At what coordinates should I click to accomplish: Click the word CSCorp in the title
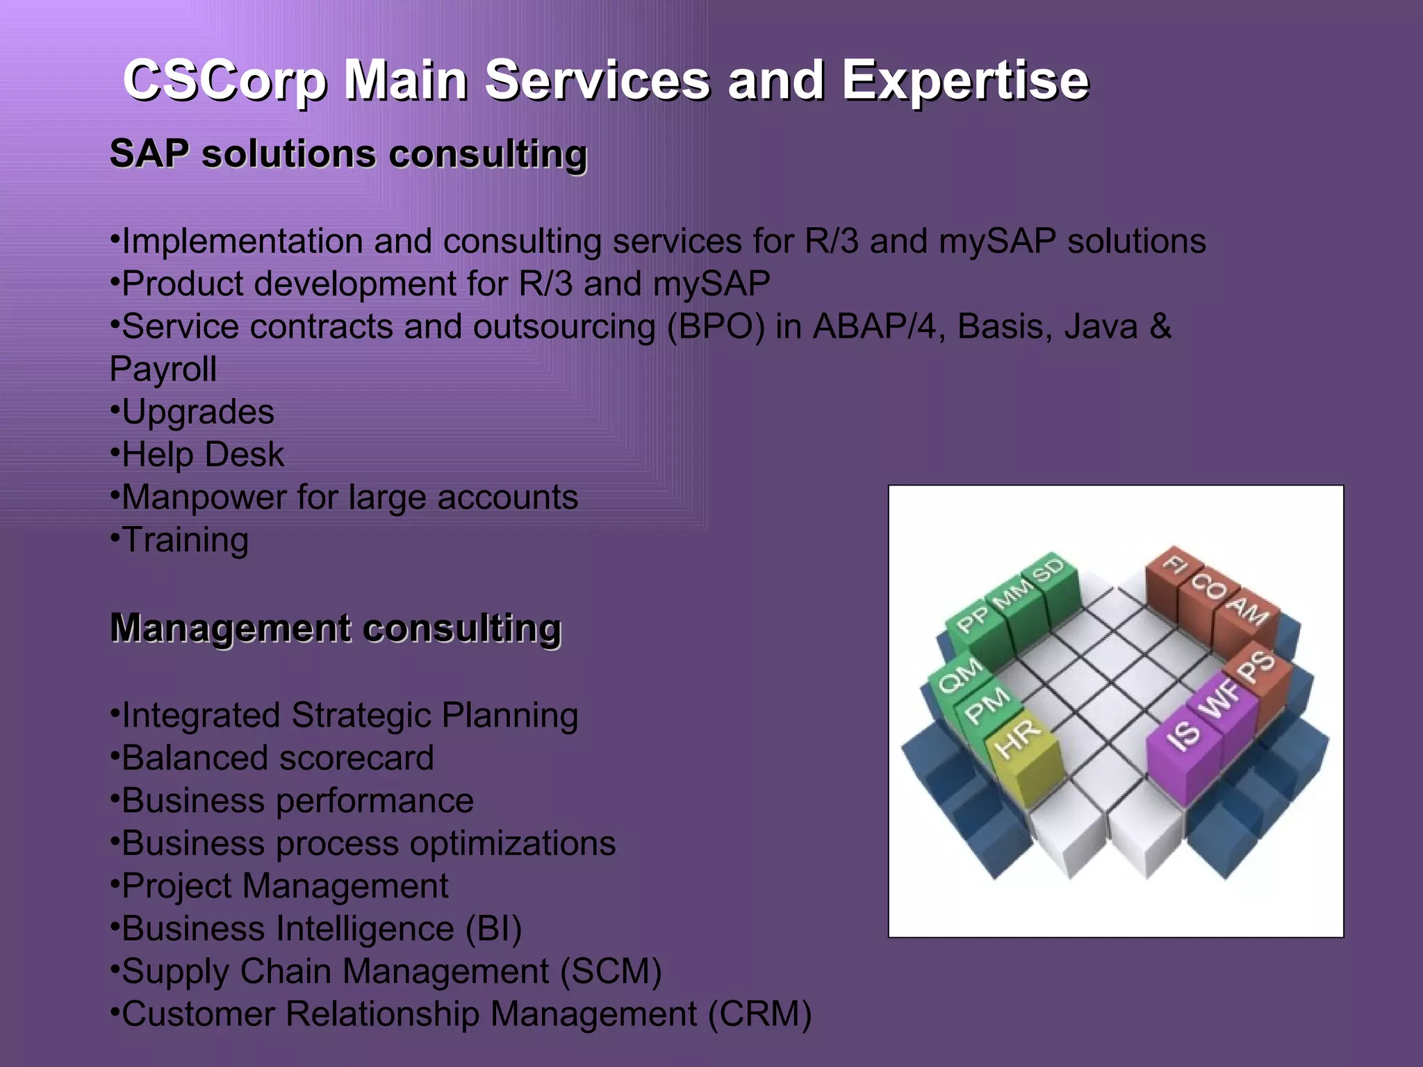[224, 80]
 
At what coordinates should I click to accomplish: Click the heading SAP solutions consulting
[348, 154]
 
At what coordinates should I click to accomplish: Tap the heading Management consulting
[336, 628]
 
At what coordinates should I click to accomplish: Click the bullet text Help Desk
[203, 455]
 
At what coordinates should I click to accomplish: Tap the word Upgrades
[198, 412]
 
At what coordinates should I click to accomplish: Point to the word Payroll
[163, 369]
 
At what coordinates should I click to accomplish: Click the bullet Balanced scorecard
[277, 758]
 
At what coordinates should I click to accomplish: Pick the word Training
[185, 540]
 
